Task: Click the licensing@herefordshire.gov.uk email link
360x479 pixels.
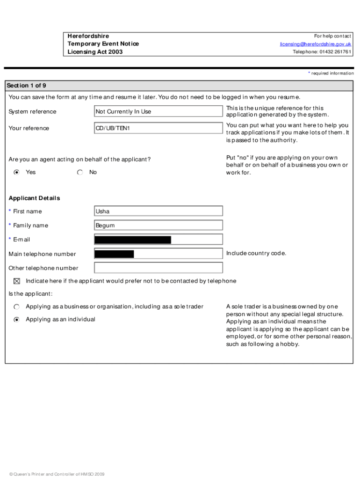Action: point(316,44)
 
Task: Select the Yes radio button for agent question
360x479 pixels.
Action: point(17,172)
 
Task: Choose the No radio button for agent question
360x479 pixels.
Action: point(80,172)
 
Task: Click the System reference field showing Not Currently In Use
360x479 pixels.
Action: point(158,111)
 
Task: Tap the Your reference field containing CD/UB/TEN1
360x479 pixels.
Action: point(158,128)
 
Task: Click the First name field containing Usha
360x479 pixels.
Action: point(158,211)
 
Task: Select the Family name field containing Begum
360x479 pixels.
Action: point(158,225)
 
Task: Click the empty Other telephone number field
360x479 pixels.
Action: point(158,268)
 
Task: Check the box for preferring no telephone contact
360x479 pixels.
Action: point(17,281)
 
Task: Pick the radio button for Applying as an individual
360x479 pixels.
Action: point(17,319)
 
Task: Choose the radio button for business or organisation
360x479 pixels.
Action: point(17,307)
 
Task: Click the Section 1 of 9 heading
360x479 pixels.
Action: point(26,86)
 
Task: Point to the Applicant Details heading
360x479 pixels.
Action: point(34,198)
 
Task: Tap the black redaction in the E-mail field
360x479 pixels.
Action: point(133,240)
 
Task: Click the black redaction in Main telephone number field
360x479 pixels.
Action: point(114,254)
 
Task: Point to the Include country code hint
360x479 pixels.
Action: point(256,254)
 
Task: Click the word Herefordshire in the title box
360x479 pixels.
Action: point(88,36)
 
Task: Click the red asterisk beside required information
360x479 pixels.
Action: point(309,73)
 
